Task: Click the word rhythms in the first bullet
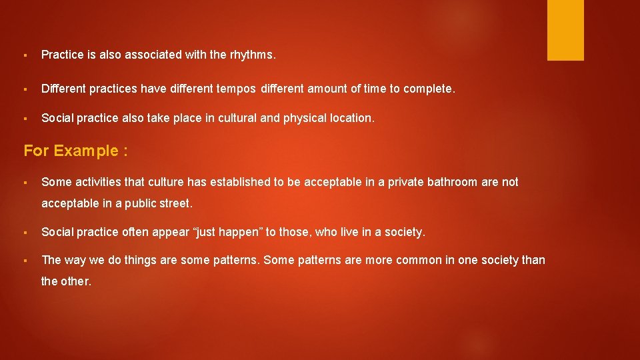click(252, 55)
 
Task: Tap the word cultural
click(234, 118)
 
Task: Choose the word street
click(173, 203)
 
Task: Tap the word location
click(353, 118)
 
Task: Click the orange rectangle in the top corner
click(565, 30)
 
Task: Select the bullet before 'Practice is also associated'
click(24, 56)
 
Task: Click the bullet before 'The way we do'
click(24, 261)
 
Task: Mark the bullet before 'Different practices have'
click(24, 88)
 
